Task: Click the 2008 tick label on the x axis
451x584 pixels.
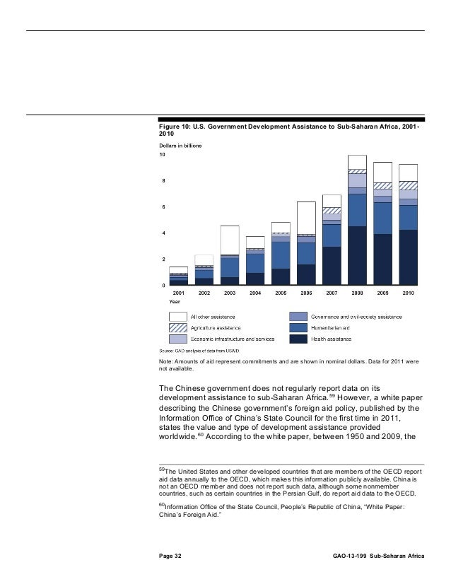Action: tap(357, 292)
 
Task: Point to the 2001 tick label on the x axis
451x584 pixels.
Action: tap(179, 292)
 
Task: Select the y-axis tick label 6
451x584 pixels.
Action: tap(164, 207)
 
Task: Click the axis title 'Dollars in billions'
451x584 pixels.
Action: tap(180, 146)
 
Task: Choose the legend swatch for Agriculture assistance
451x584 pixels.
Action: tap(177, 328)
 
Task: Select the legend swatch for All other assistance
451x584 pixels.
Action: tap(177, 316)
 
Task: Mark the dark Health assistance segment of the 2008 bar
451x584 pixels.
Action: tap(358, 256)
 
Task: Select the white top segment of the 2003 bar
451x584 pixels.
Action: tap(230, 240)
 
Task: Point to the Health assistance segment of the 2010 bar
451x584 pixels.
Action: tap(409, 257)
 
